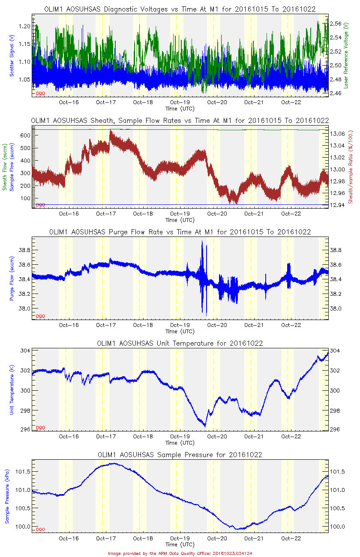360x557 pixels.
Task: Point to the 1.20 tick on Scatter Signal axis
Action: coord(25,26)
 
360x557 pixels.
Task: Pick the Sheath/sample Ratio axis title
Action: coord(350,167)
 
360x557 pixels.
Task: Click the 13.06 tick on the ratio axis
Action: coord(338,134)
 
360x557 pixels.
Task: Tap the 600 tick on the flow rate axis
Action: coord(25,135)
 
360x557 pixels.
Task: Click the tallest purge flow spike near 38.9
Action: coord(202,242)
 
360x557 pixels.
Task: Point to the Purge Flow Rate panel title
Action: coord(180,232)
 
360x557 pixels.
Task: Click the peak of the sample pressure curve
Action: coord(113,463)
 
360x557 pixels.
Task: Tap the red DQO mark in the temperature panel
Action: coord(40,428)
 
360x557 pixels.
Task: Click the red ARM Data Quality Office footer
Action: coord(180,553)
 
